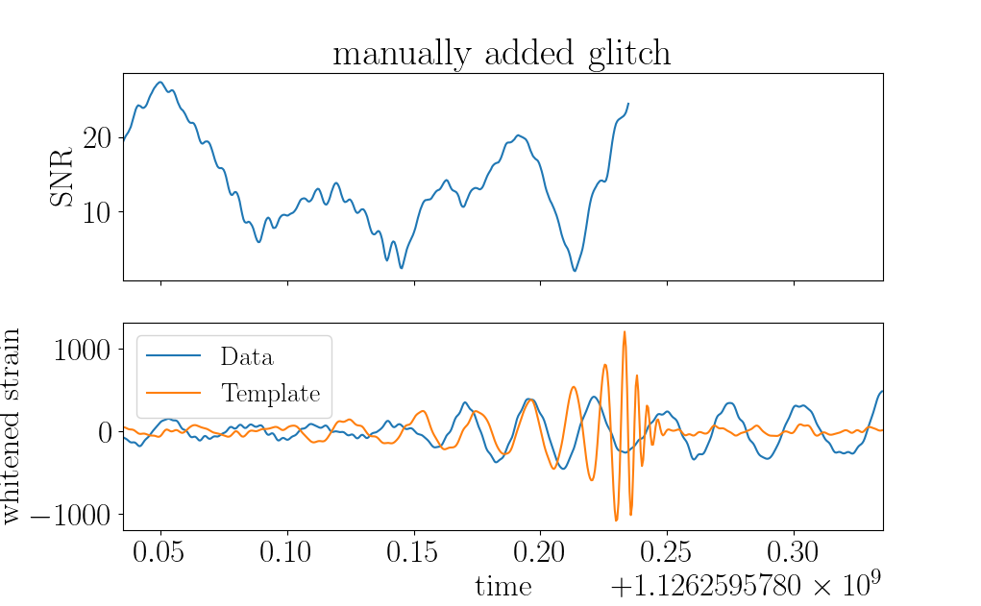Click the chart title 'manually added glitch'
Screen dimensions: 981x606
coord(502,53)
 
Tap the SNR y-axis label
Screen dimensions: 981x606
coord(61,177)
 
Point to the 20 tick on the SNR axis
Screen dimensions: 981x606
coord(97,137)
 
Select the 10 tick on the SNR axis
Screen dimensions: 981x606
coord(97,212)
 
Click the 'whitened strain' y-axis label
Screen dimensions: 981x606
coord(12,426)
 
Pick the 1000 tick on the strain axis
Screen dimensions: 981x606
coord(82,350)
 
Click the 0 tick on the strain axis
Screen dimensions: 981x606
coord(105,432)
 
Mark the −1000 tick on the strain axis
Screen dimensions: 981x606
coord(71,516)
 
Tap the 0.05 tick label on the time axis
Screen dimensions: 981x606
coord(159,552)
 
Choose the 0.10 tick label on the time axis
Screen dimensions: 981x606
coord(285,552)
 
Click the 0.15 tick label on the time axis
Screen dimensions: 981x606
coord(412,552)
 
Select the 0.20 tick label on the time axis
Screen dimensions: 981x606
coord(539,552)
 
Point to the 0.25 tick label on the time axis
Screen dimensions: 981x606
coord(666,552)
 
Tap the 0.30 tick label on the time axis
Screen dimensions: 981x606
coord(793,552)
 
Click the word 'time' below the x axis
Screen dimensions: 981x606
coord(503,587)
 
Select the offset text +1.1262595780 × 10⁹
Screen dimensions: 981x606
coord(746,584)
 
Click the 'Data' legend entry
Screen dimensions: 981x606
coord(247,356)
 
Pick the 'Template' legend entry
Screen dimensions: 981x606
coord(270,394)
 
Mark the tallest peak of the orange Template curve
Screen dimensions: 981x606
coord(625,332)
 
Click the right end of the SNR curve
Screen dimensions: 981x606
coord(628,104)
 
